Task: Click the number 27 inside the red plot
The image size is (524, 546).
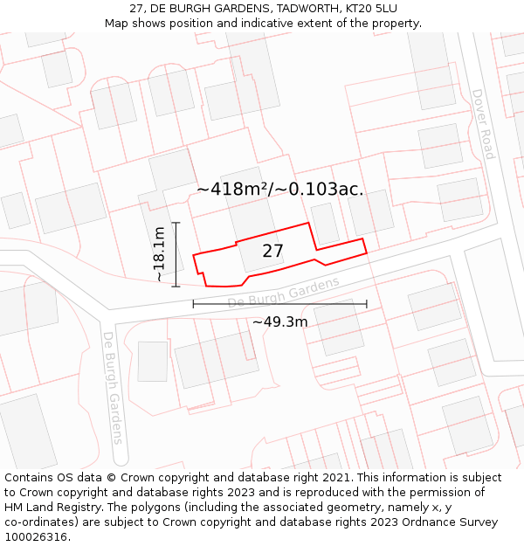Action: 272,252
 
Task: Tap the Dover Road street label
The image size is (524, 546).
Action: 483,124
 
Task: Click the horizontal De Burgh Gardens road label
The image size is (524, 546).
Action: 283,293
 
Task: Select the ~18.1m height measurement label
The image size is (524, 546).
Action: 159,253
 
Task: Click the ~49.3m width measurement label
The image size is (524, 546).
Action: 279,321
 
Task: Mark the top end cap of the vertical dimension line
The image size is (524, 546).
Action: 176,223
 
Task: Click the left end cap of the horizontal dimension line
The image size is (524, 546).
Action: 193,304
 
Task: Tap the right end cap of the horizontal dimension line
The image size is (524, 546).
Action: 367,304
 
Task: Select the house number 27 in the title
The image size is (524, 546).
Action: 136,8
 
